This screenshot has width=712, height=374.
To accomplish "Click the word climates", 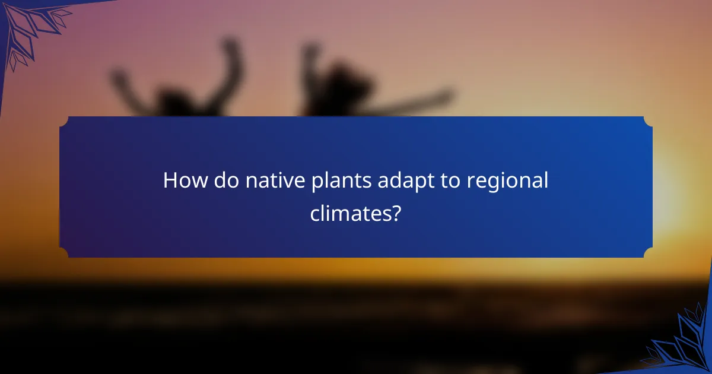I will (x=349, y=213).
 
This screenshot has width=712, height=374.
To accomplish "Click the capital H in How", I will (x=171, y=180).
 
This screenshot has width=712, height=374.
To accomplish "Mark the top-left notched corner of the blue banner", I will (x=64, y=121).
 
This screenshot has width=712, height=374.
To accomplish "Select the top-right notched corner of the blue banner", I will (x=647, y=121).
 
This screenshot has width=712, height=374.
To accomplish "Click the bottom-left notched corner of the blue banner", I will (x=64, y=253).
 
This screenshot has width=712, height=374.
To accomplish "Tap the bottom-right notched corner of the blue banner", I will (x=647, y=253).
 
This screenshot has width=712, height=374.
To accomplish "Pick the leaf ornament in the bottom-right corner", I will (x=682, y=344).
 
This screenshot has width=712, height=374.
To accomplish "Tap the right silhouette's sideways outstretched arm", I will (x=415, y=101).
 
